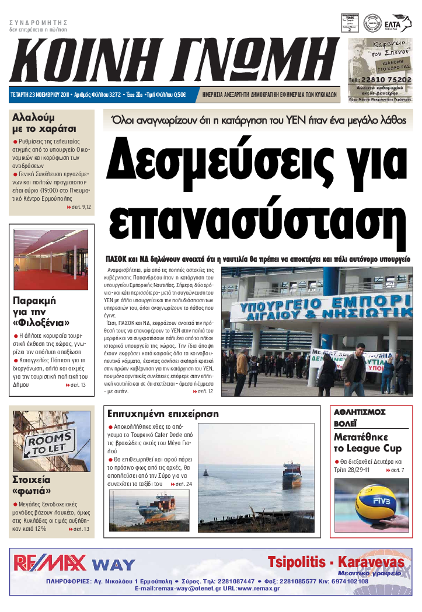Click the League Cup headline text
coord(368,449)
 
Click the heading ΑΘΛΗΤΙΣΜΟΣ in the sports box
coord(360,412)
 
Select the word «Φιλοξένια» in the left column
coord(41,323)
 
